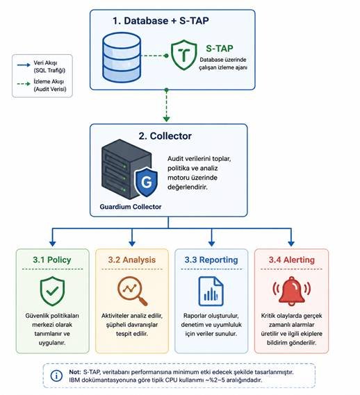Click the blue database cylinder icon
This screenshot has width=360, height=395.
coord(122,58)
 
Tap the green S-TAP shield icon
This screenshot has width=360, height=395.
coord(184,55)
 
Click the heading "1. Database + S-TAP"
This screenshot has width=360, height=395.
coord(161,21)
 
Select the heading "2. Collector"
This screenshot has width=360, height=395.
coord(165,136)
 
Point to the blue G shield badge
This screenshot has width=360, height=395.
coord(146,182)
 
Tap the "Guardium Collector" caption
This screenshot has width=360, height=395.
coord(131,207)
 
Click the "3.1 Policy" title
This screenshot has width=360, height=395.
coord(52,260)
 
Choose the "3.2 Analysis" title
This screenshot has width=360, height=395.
coord(131,260)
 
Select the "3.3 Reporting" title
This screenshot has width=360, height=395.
coord(211,260)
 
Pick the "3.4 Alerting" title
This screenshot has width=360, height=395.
coord(291,260)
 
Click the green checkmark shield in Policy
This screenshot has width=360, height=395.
coord(53,291)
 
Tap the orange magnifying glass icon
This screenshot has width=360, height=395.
coord(132,291)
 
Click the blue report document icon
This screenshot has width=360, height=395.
coord(211,291)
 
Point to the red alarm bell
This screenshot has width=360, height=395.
coord(291,291)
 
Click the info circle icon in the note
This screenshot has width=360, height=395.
coord(56,376)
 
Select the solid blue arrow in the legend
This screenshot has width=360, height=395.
coord(24,65)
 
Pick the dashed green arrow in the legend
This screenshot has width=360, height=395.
coord(24,83)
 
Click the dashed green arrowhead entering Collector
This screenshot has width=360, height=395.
coord(166,119)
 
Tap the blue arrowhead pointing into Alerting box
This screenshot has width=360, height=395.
coord(291,244)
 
